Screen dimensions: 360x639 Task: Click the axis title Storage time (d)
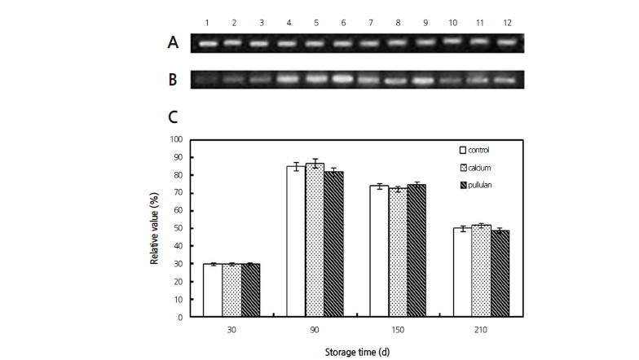point(354,353)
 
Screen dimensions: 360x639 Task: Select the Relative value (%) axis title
point(152,228)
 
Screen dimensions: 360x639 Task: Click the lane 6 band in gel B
point(346,79)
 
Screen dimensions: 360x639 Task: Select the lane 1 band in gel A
point(209,43)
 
